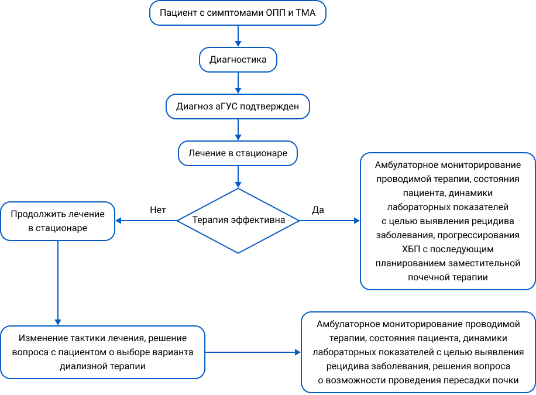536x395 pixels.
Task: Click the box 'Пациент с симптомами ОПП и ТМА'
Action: pos(238,13)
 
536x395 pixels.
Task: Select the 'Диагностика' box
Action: pos(238,60)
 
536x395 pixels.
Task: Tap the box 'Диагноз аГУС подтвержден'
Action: pos(238,107)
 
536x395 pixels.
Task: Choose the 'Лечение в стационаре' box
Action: pos(238,153)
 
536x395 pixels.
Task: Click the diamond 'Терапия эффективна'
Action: pos(238,221)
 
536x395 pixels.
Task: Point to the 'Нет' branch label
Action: pos(158,209)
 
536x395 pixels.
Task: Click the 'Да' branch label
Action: pos(318,209)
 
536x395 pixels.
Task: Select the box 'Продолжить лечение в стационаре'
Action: pos(57,221)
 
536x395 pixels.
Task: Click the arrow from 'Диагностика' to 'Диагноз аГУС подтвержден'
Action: pos(238,83)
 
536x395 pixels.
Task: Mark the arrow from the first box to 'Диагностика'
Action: pos(238,36)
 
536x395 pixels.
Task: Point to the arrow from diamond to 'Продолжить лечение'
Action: pos(146,221)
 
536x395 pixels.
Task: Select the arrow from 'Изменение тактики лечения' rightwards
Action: pos(253,352)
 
